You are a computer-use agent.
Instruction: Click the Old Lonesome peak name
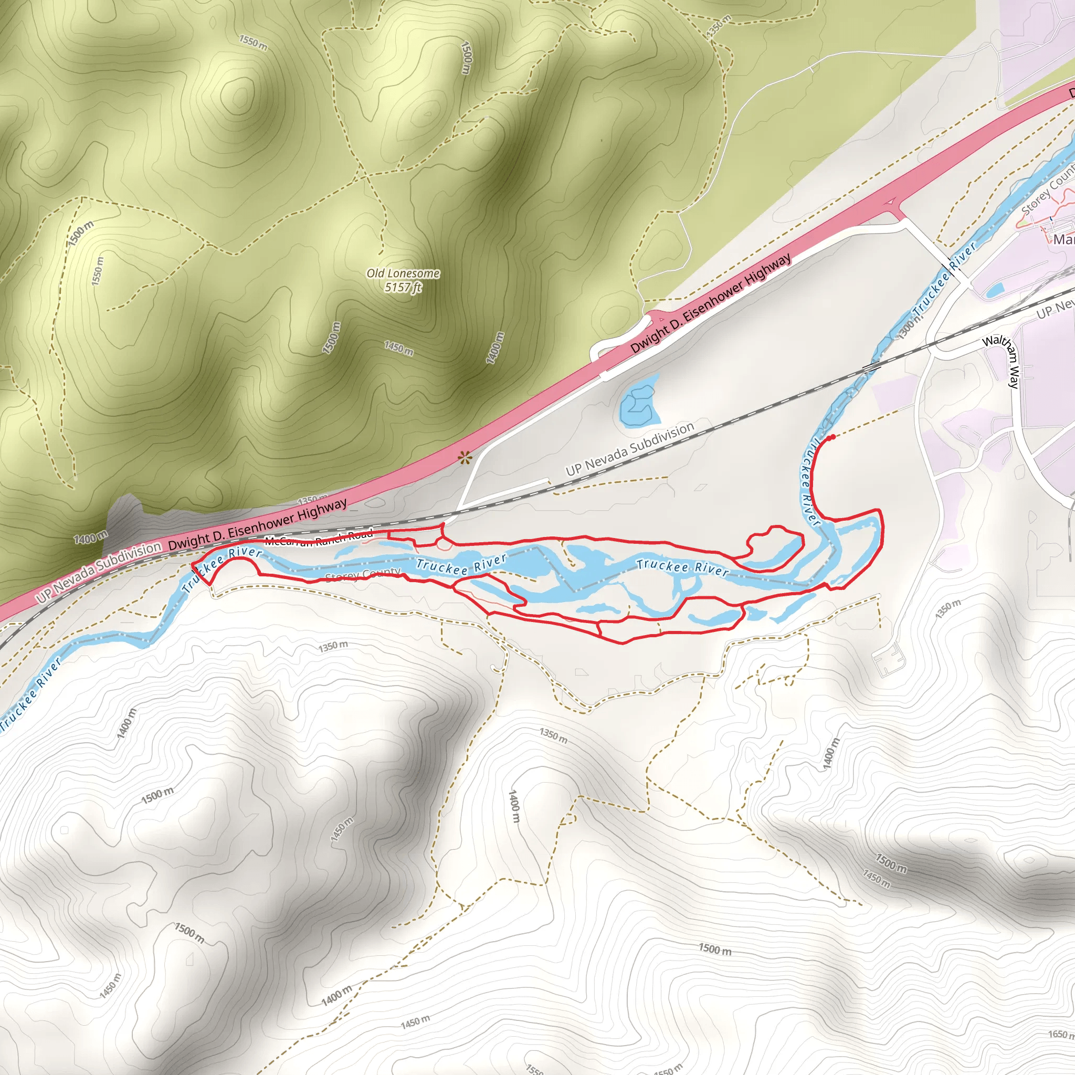(x=403, y=273)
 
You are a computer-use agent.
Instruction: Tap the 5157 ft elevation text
(x=403, y=287)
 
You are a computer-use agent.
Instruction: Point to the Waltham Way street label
(x=1008, y=361)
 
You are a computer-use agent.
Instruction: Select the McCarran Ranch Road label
(x=319, y=538)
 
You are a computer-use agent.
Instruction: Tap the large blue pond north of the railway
(x=640, y=403)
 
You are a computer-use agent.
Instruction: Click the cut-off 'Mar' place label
(x=1063, y=239)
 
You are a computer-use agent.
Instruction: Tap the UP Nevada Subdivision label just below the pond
(x=630, y=449)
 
